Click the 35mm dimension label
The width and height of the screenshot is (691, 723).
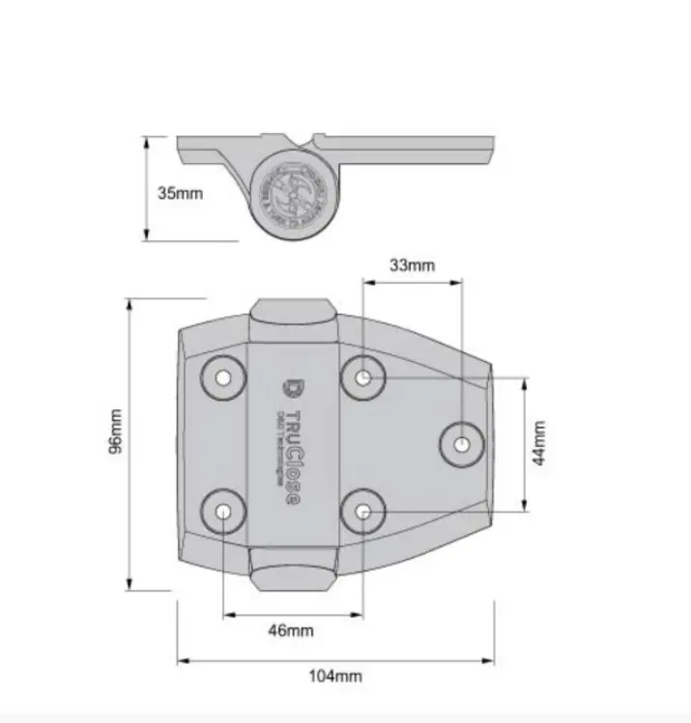181,192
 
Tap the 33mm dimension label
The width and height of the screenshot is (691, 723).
412,264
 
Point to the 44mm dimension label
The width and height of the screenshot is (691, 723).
539,443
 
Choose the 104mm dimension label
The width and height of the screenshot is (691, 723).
335,676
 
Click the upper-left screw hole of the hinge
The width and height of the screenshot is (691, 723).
223,376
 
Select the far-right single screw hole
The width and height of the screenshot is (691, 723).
462,444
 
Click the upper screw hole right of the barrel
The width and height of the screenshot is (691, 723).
363,376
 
